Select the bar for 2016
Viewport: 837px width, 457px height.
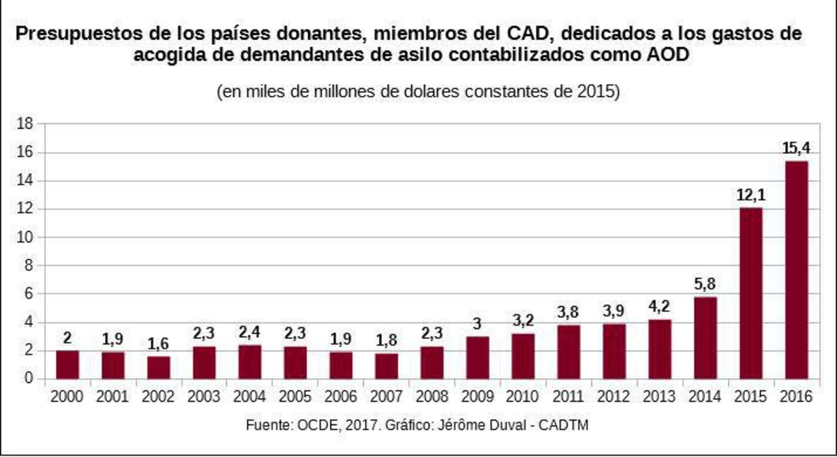(x=796, y=270)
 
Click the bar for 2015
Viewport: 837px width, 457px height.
(x=751, y=293)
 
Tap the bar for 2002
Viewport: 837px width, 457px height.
(x=159, y=368)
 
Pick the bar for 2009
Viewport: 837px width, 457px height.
(x=478, y=358)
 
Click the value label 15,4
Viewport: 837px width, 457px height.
(x=796, y=148)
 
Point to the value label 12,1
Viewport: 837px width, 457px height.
(x=751, y=195)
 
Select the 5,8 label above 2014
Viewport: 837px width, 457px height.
(x=705, y=284)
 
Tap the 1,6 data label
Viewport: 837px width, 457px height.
(x=158, y=344)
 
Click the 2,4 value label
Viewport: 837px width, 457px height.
(x=249, y=333)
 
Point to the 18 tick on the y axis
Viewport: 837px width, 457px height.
(x=25, y=124)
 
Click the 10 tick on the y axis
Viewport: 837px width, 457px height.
(x=25, y=238)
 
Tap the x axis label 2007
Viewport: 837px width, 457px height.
(x=386, y=396)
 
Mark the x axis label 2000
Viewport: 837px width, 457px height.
(x=67, y=396)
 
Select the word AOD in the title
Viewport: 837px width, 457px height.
(x=668, y=55)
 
